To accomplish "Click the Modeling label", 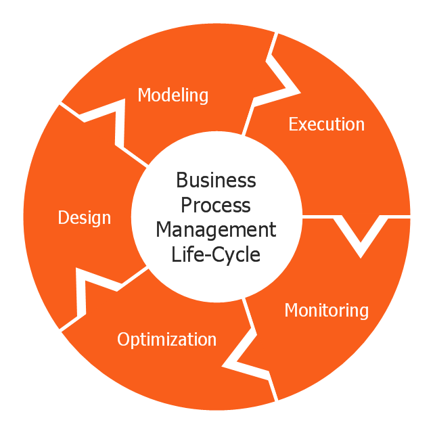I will pyautogui.click(x=173, y=95).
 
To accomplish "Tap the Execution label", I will pyautogui.click(x=326, y=124).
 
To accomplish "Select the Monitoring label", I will pyautogui.click(x=326, y=311).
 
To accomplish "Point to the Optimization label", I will pyautogui.click(x=167, y=340).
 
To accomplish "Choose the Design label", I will pyautogui.click(x=85, y=218).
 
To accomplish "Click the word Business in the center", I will pyautogui.click(x=216, y=181).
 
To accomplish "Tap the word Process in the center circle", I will pyautogui.click(x=216, y=205).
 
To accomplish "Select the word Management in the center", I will pyautogui.click(x=216, y=230).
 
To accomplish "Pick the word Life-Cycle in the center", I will pyautogui.click(x=216, y=254).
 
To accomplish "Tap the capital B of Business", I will pyautogui.click(x=181, y=181).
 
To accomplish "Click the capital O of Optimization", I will pyautogui.click(x=123, y=340).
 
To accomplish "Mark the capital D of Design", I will pyautogui.click(x=63, y=218).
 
